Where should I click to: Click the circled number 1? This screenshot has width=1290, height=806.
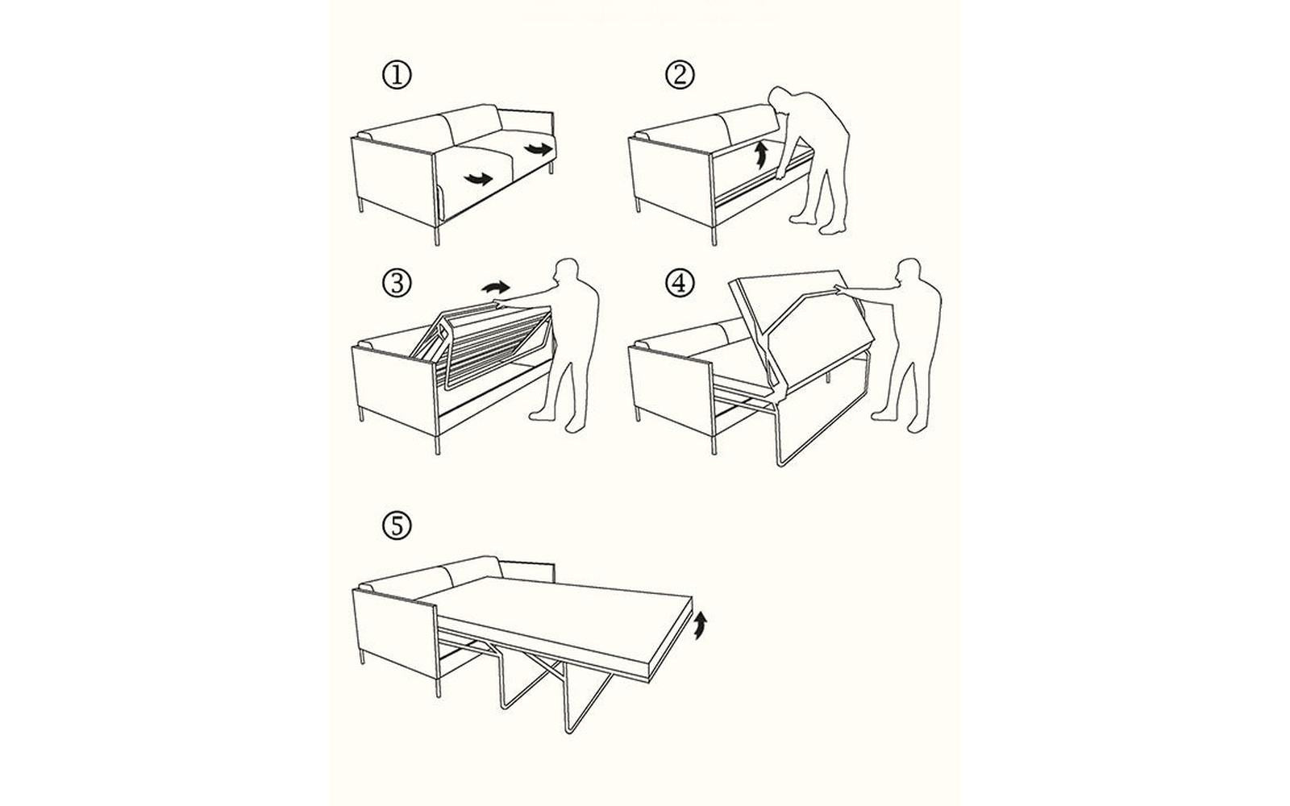click(396, 75)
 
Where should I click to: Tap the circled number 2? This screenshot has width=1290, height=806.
click(679, 75)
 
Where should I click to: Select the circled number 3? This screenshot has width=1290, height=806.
click(396, 283)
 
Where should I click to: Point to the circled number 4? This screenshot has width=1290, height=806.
click(679, 283)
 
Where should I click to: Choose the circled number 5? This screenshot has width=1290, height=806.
click(396, 526)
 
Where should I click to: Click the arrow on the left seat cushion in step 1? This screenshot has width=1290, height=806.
click(478, 178)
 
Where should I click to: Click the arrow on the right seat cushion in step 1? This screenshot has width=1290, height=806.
click(538, 148)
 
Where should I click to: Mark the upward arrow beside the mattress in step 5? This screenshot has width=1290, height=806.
click(701, 624)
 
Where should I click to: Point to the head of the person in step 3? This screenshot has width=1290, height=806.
click(571, 272)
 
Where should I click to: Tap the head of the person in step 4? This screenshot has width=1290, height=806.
click(910, 271)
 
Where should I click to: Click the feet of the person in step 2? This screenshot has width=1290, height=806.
click(814, 222)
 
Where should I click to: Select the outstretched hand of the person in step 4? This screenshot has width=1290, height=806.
click(841, 288)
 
